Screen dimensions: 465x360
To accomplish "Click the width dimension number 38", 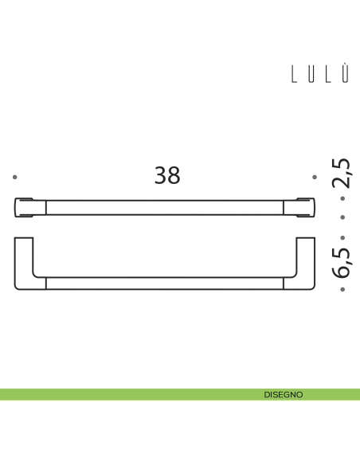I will pos(167,175).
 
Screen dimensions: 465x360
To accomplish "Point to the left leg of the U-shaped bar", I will pos(23,259).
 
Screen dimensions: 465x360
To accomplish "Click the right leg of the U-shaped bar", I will pos(306,259).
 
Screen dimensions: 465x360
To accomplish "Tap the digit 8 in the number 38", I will pos(174,175).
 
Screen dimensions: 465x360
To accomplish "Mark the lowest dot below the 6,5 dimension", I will pos(342,290).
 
